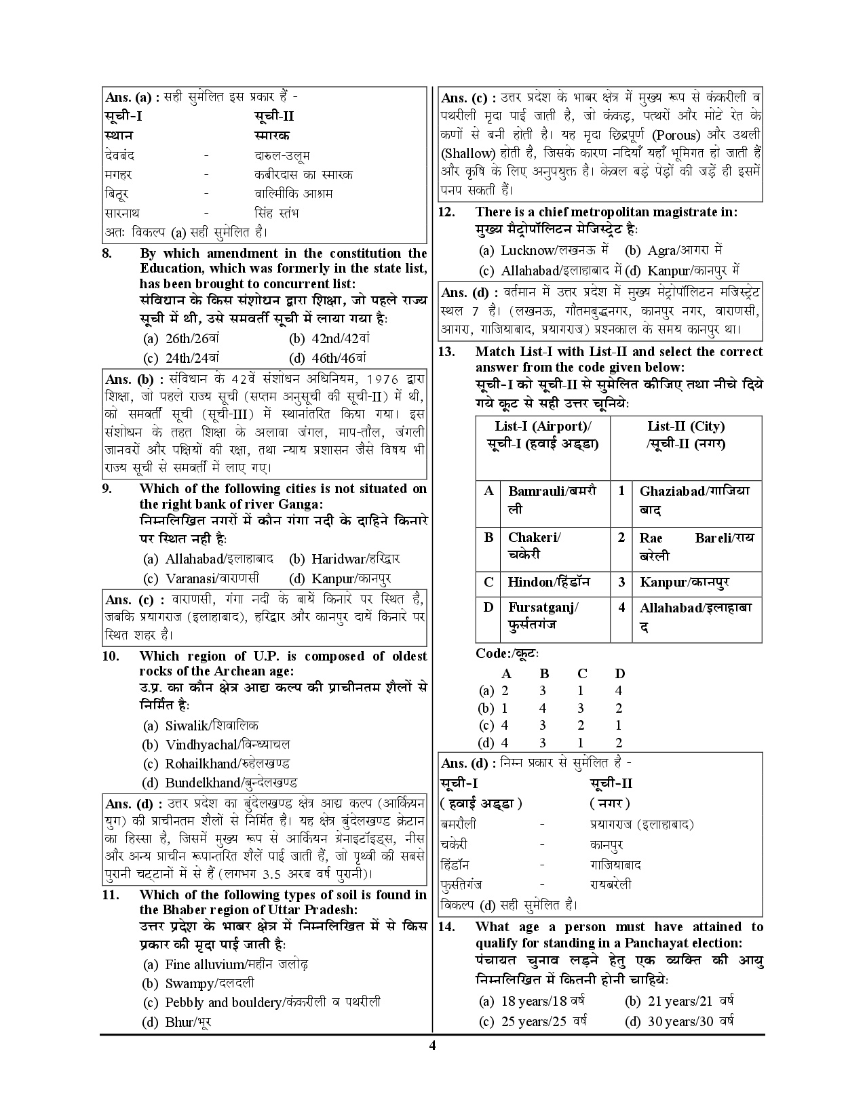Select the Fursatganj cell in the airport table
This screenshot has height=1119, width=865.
coord(543,616)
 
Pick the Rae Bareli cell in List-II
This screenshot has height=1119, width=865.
coord(696,546)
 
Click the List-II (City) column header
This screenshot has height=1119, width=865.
coord(685,435)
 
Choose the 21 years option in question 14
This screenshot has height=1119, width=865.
coord(678,1001)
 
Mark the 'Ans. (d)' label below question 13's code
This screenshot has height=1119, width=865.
coord(468,763)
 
